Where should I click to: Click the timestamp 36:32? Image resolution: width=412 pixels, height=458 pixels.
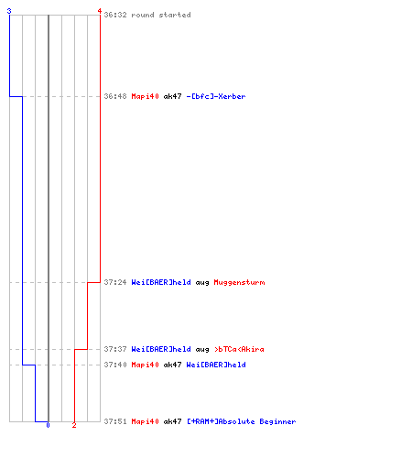click(115, 15)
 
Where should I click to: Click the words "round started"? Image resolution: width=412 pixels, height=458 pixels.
click(161, 15)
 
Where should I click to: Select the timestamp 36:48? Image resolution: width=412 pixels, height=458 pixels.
click(115, 96)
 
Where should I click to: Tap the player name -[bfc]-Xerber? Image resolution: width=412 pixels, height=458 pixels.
click(216, 96)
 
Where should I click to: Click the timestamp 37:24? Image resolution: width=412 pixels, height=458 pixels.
click(115, 282)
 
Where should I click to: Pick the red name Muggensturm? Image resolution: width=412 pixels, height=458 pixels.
click(239, 282)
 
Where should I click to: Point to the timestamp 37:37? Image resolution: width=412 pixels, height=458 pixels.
click(115, 349)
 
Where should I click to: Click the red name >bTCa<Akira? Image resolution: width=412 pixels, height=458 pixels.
click(239, 349)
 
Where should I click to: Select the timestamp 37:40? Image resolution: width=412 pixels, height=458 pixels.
click(115, 365)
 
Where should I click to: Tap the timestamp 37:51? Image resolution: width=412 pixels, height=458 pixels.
click(115, 421)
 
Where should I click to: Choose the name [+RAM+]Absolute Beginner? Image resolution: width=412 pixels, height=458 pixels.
click(242, 421)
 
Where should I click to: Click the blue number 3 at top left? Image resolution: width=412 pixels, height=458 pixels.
click(9, 11)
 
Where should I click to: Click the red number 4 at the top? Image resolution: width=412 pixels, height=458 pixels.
click(100, 11)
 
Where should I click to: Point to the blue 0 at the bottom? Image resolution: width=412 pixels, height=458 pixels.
click(48, 425)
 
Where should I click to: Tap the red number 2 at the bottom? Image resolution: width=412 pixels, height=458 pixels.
click(74, 425)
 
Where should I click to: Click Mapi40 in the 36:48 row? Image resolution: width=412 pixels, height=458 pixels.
click(146, 96)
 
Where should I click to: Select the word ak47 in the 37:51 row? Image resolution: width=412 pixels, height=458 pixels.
click(172, 421)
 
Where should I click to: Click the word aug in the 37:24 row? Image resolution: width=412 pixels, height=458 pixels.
click(202, 283)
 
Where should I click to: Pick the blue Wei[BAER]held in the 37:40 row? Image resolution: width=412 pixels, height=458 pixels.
click(216, 365)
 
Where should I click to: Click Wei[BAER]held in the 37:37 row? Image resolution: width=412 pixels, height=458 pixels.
click(161, 349)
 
